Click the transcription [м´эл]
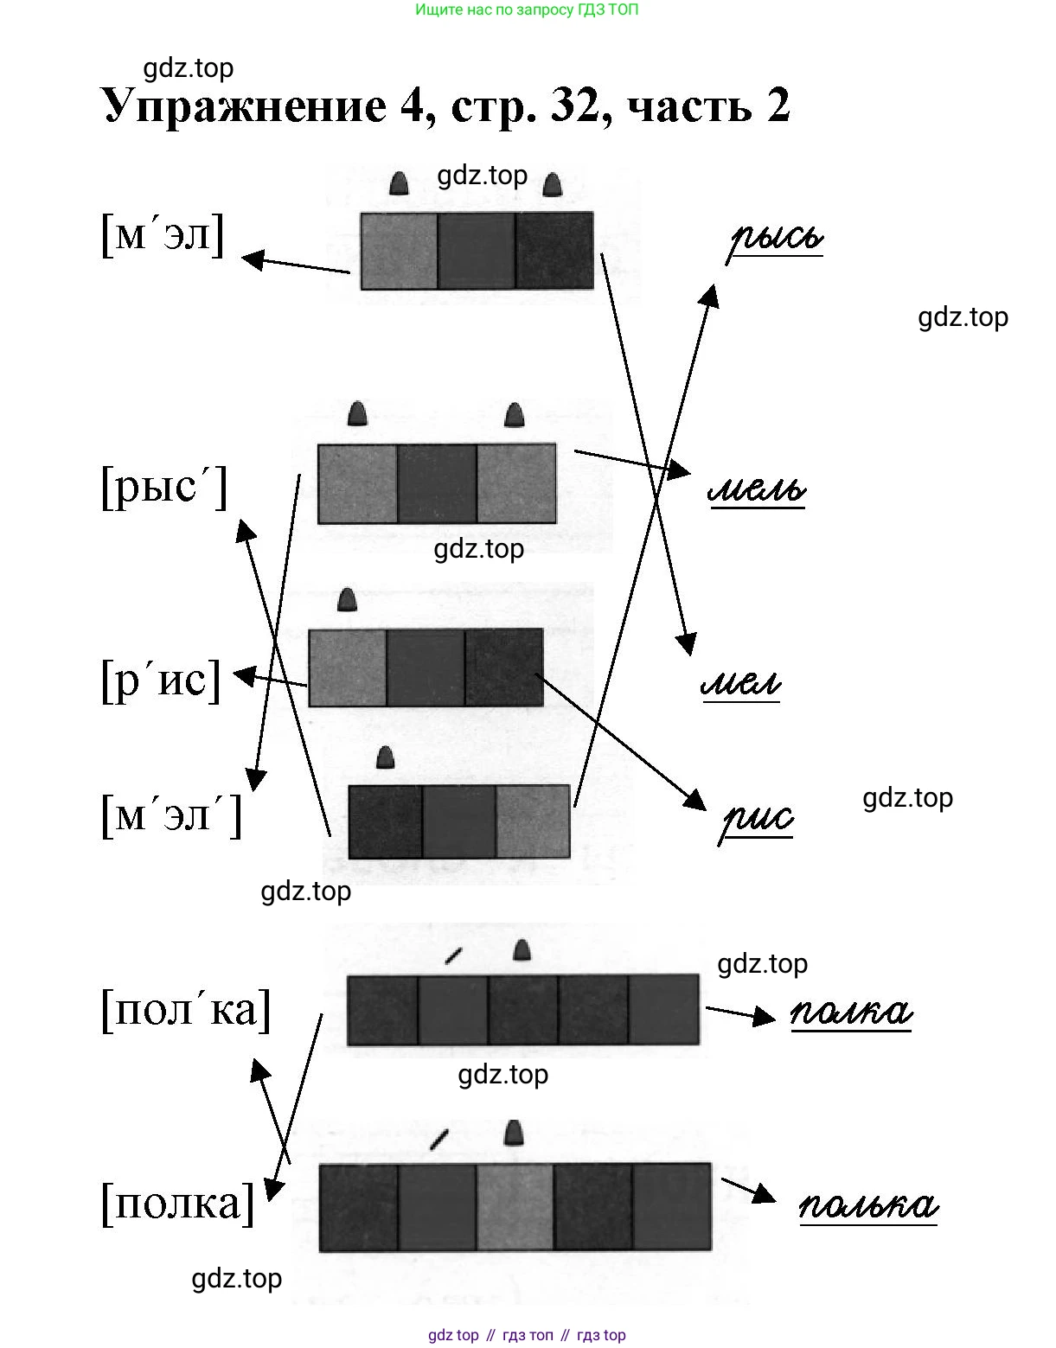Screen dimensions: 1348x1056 (x=163, y=233)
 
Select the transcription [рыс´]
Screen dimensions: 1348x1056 (x=164, y=486)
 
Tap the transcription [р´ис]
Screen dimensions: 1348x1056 (x=161, y=679)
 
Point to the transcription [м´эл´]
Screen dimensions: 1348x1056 (x=171, y=815)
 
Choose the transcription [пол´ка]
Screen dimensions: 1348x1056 (x=186, y=1008)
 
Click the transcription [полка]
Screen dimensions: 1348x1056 (x=178, y=1202)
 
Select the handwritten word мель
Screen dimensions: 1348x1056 (x=757, y=490)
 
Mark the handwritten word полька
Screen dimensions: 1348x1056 (x=867, y=1204)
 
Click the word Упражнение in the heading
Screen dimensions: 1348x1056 (x=245, y=107)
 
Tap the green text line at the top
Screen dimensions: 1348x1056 (x=527, y=10)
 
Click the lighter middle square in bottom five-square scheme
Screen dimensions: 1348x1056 (x=515, y=1207)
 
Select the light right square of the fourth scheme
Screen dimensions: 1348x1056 (x=534, y=821)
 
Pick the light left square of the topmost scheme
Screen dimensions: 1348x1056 (x=399, y=251)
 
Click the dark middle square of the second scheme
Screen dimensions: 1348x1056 (x=437, y=484)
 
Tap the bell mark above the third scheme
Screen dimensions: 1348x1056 (x=347, y=600)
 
